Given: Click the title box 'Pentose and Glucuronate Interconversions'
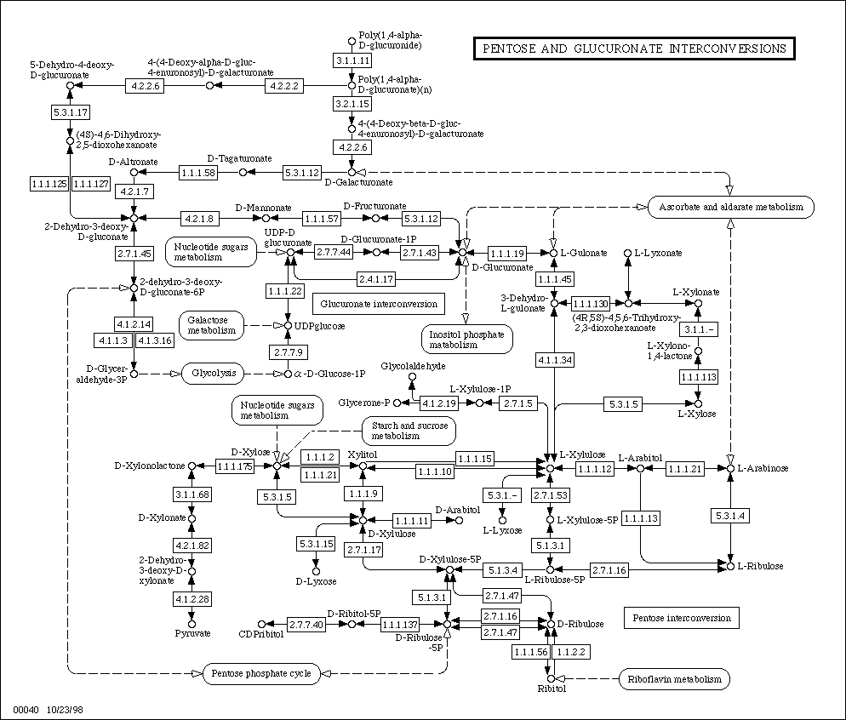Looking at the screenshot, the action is click(634, 49).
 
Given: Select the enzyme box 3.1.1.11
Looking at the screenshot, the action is click(352, 60).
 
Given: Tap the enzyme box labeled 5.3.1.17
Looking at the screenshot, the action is click(70, 112).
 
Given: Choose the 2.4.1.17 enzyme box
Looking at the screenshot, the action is click(376, 279).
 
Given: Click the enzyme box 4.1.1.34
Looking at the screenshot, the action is click(555, 360).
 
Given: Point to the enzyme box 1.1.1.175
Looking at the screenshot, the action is click(235, 466).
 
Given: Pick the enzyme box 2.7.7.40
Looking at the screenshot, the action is click(306, 625).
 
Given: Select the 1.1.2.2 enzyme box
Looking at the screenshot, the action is click(571, 652).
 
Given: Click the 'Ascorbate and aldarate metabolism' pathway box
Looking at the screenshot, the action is click(730, 207).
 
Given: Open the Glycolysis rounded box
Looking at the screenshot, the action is click(214, 374).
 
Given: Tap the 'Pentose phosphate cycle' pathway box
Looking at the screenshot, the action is click(261, 674).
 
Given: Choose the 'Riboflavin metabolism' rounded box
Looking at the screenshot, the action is click(674, 679).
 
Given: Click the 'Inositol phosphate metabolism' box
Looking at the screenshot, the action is click(466, 340).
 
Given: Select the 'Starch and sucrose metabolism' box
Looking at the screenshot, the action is click(409, 431).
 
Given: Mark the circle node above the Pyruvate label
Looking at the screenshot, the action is click(191, 624).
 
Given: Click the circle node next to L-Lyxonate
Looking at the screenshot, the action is click(627, 253).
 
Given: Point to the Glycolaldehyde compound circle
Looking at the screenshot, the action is click(412, 377).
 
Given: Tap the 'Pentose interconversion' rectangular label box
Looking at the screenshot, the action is click(682, 618).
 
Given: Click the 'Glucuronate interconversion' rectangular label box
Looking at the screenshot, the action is click(379, 304).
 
